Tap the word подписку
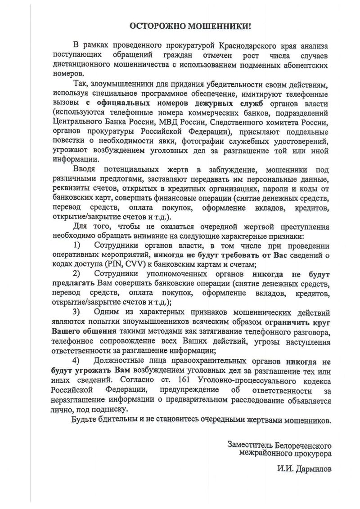point(113,409)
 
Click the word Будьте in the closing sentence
point(85,421)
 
